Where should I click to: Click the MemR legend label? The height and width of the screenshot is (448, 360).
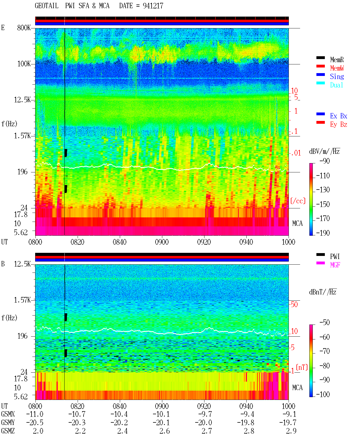click(x=337, y=60)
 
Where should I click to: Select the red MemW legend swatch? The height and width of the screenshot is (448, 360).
click(x=320, y=66)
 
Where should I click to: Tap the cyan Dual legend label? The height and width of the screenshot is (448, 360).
click(x=336, y=85)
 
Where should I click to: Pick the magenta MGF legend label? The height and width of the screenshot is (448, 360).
click(x=335, y=265)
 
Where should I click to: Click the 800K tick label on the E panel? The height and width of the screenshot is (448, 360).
click(x=24, y=28)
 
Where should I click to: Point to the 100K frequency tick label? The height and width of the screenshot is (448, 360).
click(x=24, y=64)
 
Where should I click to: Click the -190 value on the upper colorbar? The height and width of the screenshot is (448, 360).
click(x=323, y=233)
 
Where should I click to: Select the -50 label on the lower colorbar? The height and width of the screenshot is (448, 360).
click(x=325, y=322)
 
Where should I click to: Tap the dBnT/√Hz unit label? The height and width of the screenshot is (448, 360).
click(x=323, y=292)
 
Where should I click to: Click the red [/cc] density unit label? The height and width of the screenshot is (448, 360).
click(x=298, y=201)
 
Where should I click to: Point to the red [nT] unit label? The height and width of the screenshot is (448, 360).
click(x=302, y=367)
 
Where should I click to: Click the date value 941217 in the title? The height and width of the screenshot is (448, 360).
click(x=153, y=6)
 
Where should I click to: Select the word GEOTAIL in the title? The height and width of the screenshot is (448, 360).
click(x=47, y=6)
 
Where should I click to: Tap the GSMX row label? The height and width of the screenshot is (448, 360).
click(x=8, y=414)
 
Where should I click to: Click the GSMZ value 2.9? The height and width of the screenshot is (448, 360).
click(x=291, y=431)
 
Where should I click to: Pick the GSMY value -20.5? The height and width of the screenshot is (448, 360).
click(x=35, y=423)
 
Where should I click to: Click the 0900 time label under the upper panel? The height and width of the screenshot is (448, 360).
click(x=162, y=242)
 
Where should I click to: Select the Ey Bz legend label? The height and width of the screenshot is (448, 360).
click(x=339, y=124)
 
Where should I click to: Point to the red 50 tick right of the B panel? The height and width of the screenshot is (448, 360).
click(x=294, y=304)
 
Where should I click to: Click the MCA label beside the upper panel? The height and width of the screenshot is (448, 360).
click(x=297, y=223)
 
